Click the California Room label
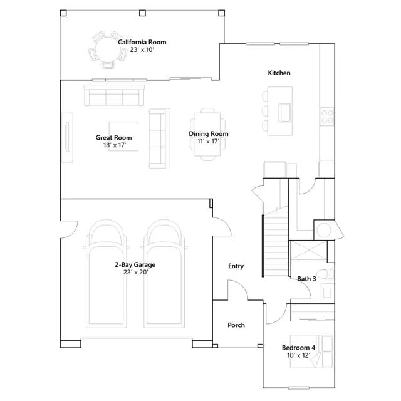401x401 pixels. [x=142, y=42]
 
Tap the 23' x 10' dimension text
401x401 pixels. [x=142, y=50]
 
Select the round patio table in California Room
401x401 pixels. [x=108, y=49]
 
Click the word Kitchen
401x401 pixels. [x=279, y=73]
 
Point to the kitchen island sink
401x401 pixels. [x=284, y=113]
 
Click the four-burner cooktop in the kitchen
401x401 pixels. [x=327, y=117]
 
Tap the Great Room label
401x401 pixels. [x=114, y=138]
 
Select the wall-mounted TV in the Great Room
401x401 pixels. [x=67, y=137]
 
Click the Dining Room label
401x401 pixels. [x=209, y=133]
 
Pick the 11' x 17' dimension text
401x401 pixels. [x=209, y=141]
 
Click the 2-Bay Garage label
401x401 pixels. [x=135, y=264]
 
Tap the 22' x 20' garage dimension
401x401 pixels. [x=135, y=273]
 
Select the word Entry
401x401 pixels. [x=236, y=266]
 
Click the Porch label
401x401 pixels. [x=236, y=325]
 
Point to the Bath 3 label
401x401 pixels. [x=306, y=279]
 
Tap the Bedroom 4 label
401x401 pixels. [x=298, y=348]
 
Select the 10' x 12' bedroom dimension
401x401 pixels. [x=298, y=355]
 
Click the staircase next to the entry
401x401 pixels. [x=276, y=243]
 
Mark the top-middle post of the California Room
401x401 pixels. [x=142, y=13]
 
